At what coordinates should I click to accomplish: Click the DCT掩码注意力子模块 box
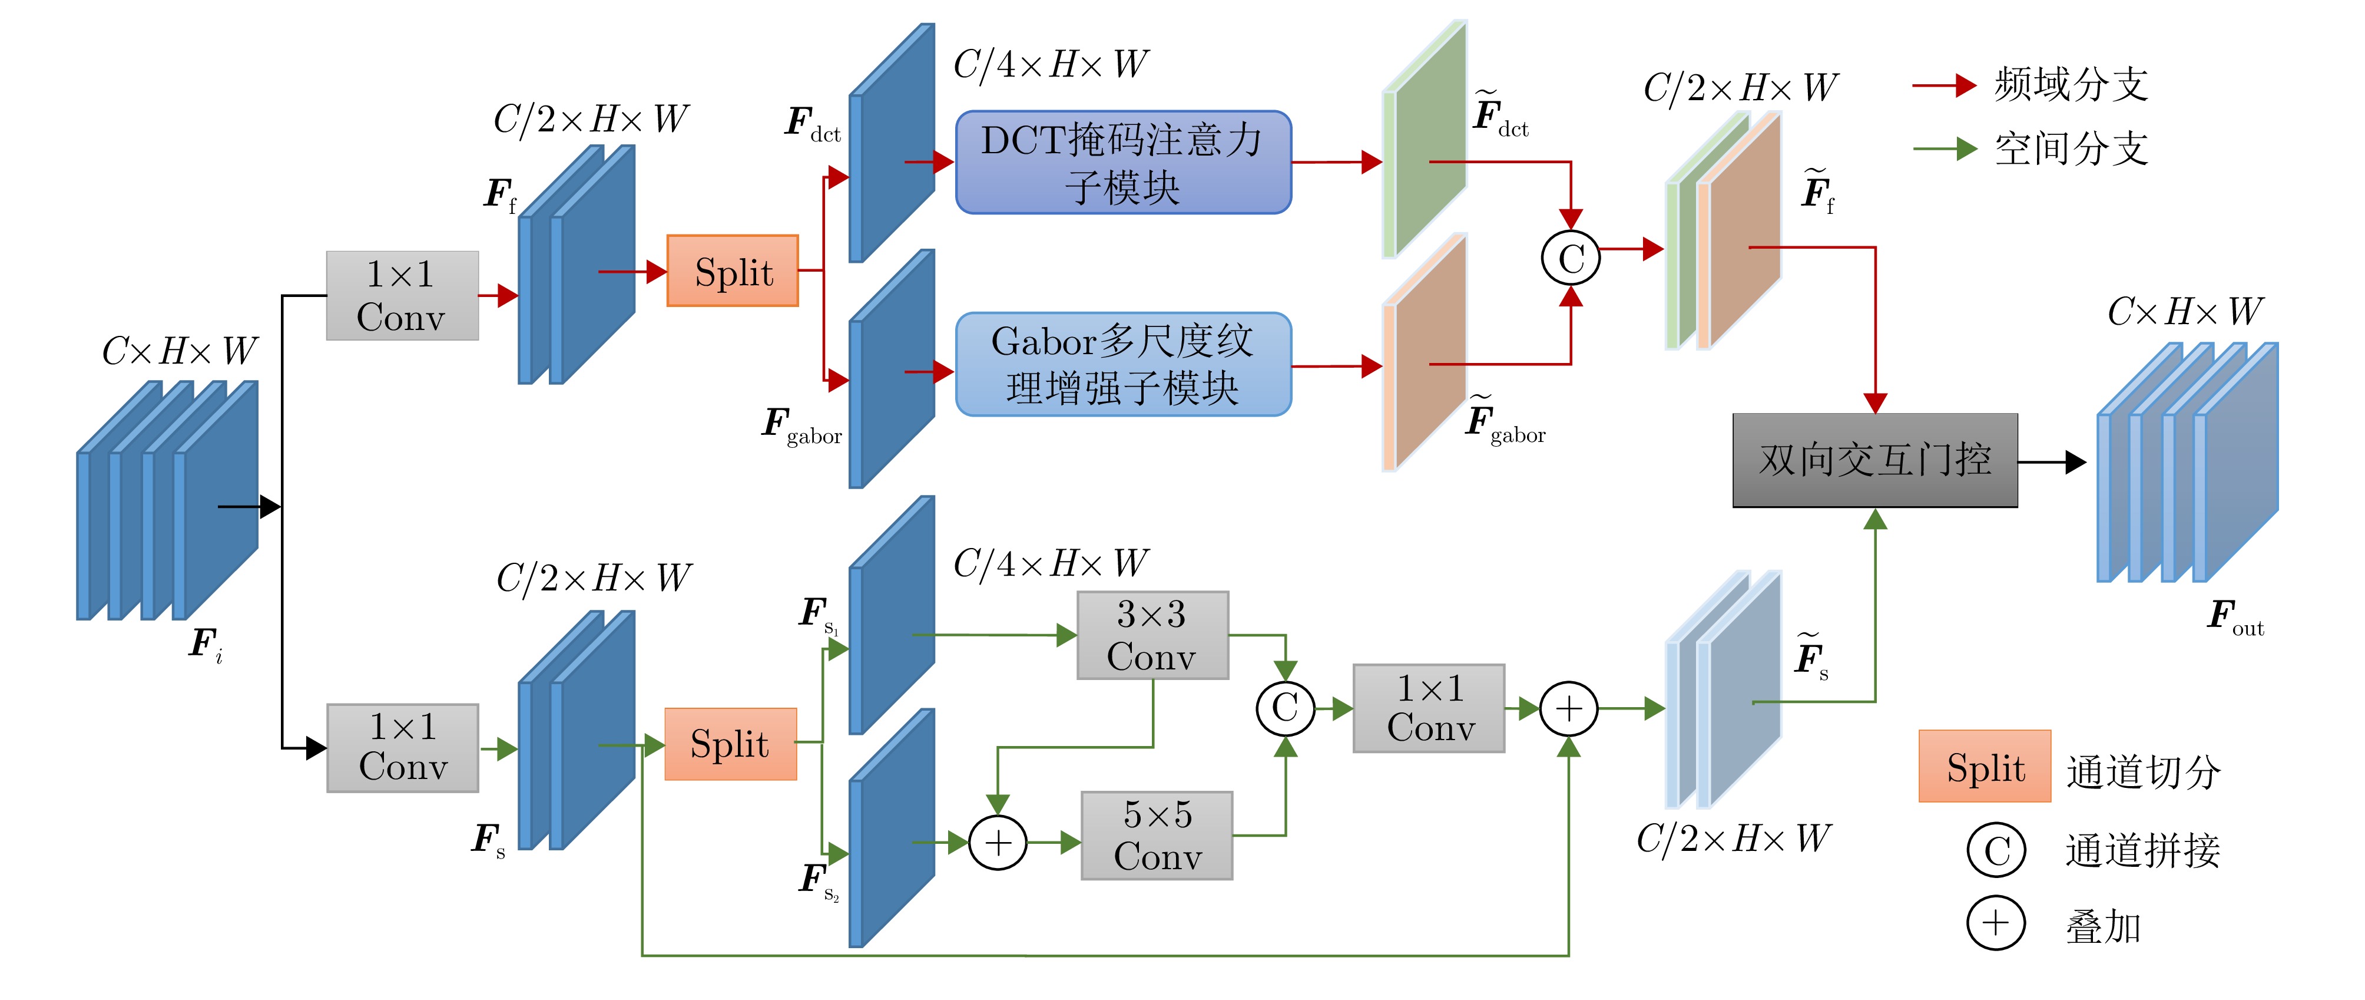[x=1123, y=163]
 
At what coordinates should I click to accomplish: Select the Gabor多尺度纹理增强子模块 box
[x=1123, y=365]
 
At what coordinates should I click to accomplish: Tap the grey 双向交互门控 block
[x=1874, y=460]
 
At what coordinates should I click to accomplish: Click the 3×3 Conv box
[x=1152, y=635]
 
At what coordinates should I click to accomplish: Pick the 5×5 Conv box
[x=1157, y=836]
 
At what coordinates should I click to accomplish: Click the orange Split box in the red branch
[x=733, y=271]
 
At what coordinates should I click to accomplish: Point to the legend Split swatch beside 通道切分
[x=1984, y=767]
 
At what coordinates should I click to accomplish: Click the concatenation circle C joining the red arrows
[x=1570, y=258]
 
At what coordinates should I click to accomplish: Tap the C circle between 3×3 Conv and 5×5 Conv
[x=1286, y=708]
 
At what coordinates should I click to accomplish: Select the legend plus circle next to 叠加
[x=1995, y=923]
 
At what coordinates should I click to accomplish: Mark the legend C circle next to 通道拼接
[x=1995, y=849]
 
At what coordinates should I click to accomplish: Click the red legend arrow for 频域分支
[x=1945, y=85]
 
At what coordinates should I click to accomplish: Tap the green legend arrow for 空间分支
[x=1945, y=148]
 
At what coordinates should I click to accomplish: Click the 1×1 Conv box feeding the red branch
[x=402, y=296]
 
